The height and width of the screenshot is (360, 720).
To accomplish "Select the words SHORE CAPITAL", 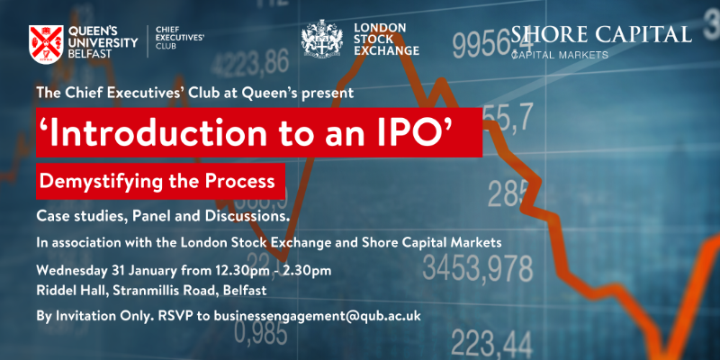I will pyautogui.click(x=601, y=34).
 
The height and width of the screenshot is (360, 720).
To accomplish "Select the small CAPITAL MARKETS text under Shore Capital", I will pyautogui.click(x=560, y=55).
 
